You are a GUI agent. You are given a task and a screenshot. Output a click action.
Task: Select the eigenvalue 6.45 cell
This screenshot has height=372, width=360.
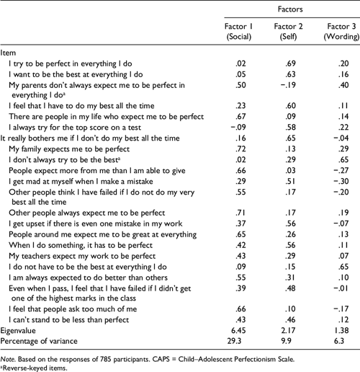click(x=232, y=327)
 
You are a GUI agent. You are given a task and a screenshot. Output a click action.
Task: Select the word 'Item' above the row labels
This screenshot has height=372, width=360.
click(x=9, y=53)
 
